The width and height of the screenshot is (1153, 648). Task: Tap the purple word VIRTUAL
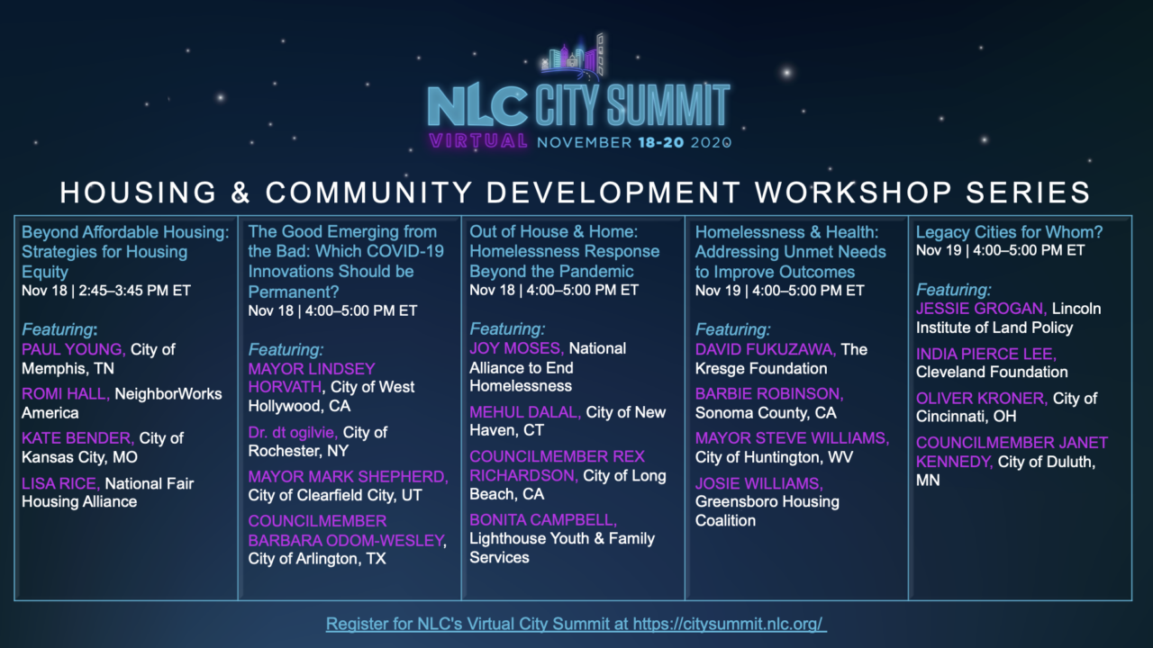click(478, 141)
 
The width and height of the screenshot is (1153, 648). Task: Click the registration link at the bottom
click(576, 624)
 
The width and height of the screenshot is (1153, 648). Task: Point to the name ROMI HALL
click(66, 394)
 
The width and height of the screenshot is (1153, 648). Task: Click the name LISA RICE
click(60, 483)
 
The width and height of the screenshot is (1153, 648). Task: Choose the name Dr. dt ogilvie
click(293, 433)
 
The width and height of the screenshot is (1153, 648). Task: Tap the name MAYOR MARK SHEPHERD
click(348, 477)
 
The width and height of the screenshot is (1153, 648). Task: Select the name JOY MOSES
click(517, 348)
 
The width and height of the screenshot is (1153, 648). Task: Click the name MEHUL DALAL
click(525, 412)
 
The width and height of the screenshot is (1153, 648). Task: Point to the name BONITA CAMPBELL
click(543, 520)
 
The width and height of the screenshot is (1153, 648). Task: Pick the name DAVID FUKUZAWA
click(766, 350)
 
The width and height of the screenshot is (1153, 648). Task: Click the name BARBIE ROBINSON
click(769, 394)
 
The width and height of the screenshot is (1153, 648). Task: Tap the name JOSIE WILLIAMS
click(759, 483)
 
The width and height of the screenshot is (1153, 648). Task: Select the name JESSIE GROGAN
click(982, 309)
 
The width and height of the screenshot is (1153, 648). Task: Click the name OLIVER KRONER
click(982, 398)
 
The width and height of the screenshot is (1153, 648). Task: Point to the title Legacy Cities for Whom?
click(1010, 232)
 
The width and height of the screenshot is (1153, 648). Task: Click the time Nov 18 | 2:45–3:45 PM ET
click(106, 291)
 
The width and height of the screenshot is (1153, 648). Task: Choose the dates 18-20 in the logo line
click(661, 142)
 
